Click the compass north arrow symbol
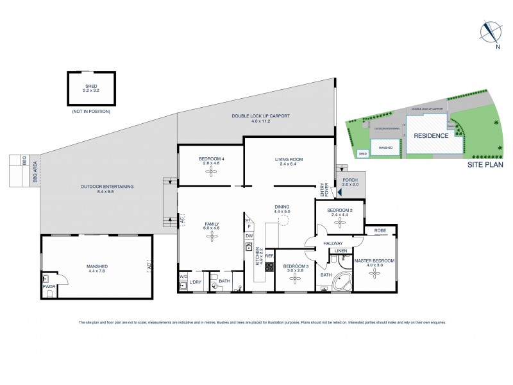pyautogui.click(x=491, y=31)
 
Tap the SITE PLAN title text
pyautogui.click(x=484, y=164)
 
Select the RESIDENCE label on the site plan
pyautogui.click(x=431, y=136)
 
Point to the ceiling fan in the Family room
pyautogui.click(x=212, y=237)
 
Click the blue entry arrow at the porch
pyautogui.click(x=340, y=191)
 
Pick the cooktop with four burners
pyautogui.click(x=269, y=268)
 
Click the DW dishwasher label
pyautogui.click(x=249, y=235)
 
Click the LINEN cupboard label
pyautogui.click(x=341, y=250)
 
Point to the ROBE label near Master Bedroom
pyautogui.click(x=380, y=230)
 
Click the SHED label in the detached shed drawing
pyautogui.click(x=92, y=85)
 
